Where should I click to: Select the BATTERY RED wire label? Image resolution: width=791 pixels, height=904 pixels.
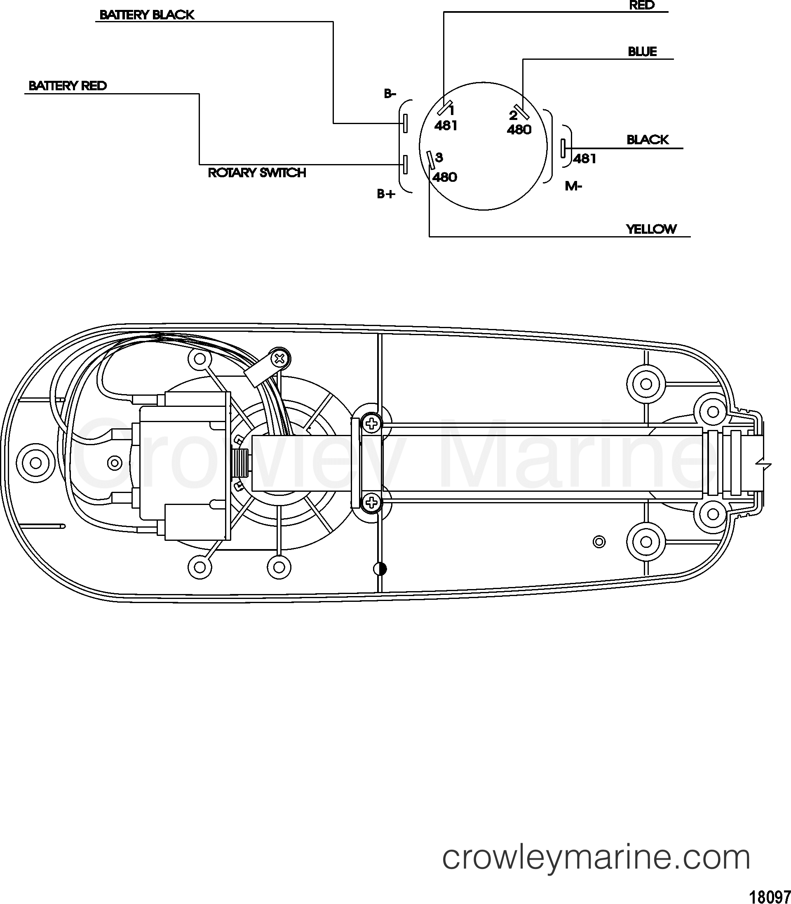[x=68, y=86]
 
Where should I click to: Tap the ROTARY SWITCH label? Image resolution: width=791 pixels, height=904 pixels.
[x=257, y=173]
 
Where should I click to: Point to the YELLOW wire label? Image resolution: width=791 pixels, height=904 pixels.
[x=651, y=229]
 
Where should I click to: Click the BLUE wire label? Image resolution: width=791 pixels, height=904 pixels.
[x=642, y=52]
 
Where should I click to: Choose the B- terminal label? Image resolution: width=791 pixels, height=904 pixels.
[x=390, y=94]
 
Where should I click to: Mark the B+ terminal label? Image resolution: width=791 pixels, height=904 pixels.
[x=386, y=194]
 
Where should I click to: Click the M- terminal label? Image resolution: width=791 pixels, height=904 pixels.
[x=574, y=186]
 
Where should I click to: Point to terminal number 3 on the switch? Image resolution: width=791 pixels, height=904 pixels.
[x=439, y=157]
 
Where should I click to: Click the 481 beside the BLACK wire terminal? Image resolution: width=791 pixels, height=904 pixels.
[x=585, y=158]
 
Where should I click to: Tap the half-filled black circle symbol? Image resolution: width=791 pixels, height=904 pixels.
[x=380, y=569]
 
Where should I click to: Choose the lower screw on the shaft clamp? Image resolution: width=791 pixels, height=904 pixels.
[x=372, y=502]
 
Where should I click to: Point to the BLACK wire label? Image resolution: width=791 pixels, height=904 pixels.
[x=648, y=140]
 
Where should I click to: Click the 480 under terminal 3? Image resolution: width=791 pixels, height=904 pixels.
[x=445, y=177]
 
